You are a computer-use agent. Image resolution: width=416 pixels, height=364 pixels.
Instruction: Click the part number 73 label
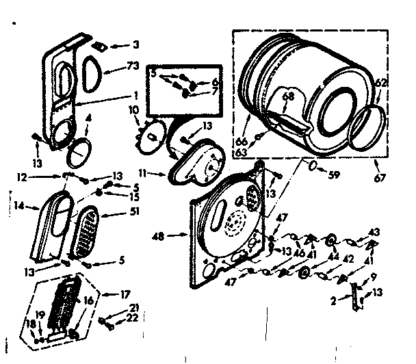point(133,66)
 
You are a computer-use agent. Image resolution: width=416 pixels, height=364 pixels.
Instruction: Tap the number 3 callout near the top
point(135,45)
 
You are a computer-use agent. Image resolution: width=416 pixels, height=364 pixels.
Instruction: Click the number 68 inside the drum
point(288,96)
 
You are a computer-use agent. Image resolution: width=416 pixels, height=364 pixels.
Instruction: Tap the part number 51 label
point(133,211)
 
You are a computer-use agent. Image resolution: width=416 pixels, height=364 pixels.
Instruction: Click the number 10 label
point(133,109)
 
